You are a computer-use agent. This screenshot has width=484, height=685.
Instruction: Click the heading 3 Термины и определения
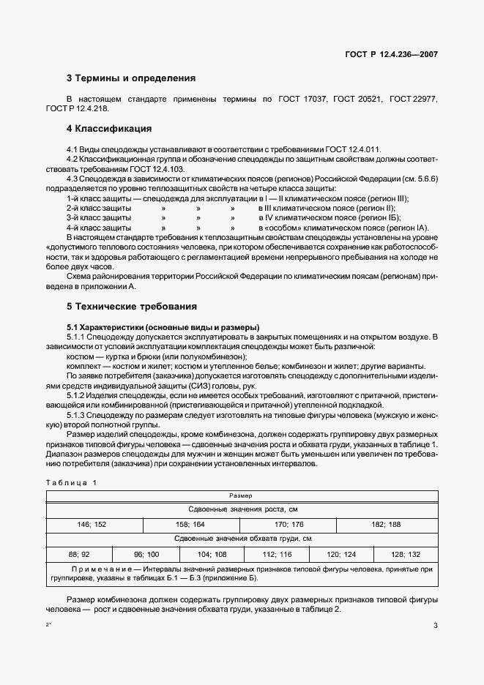point(131,78)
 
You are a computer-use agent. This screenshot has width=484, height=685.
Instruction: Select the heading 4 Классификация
point(109,129)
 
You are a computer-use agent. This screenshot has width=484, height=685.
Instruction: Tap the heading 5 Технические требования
point(132,306)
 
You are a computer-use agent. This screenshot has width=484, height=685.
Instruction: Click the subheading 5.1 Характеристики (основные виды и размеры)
point(163,326)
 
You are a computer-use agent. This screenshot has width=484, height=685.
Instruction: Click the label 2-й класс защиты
point(99,209)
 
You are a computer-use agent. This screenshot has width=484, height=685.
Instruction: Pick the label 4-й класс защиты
point(99,228)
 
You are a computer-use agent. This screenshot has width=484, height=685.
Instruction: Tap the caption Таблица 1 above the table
point(71,483)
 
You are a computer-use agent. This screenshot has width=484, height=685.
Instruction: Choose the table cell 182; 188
point(385,524)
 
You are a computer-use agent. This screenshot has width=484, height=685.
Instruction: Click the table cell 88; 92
point(78,555)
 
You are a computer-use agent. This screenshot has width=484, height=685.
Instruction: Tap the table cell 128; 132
point(405,555)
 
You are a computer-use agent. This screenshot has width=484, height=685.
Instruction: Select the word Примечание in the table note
point(100,568)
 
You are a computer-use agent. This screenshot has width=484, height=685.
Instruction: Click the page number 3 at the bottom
point(435,625)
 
